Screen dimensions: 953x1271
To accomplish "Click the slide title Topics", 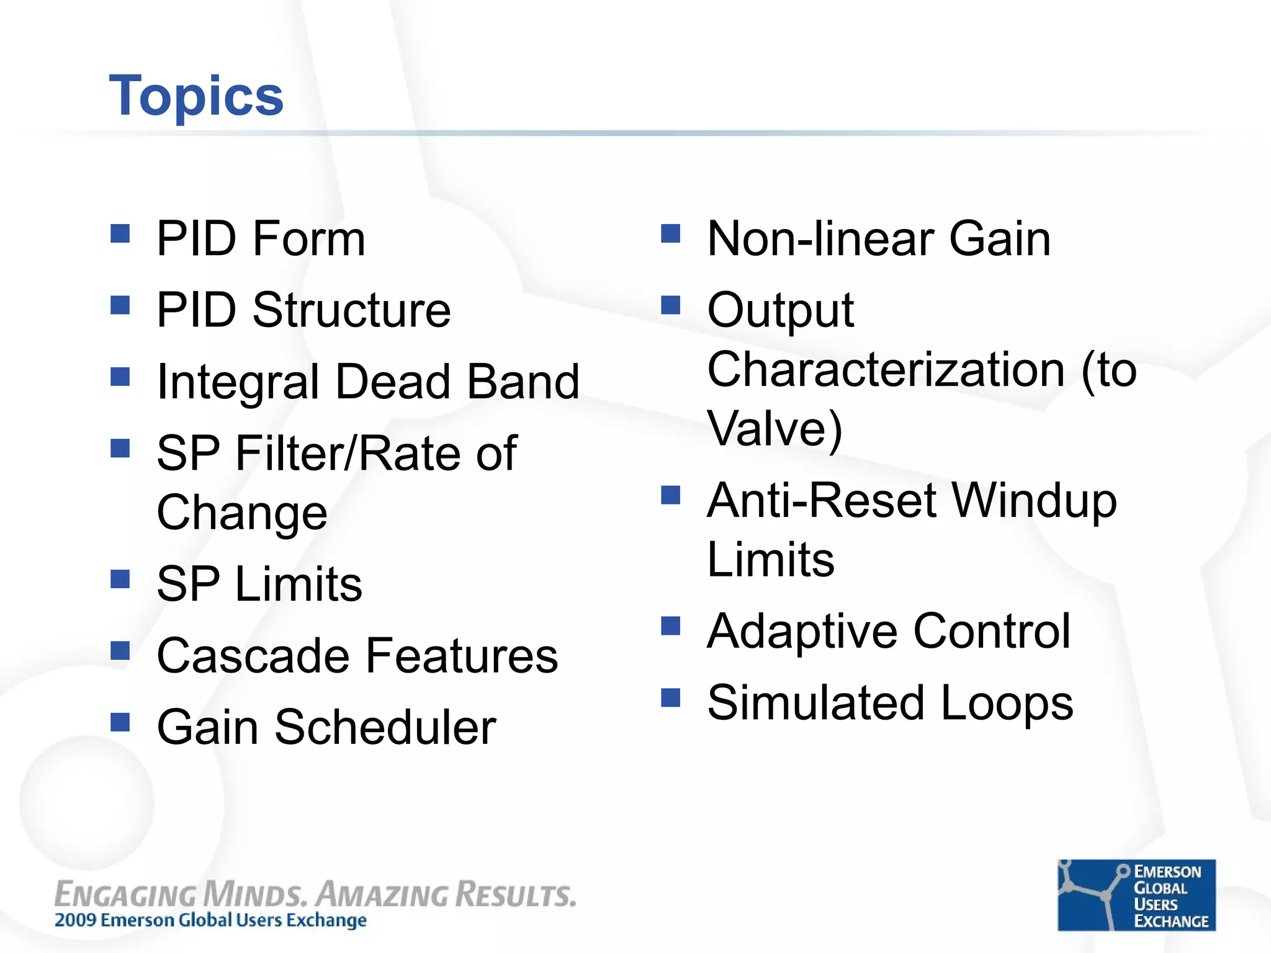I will click(x=196, y=96).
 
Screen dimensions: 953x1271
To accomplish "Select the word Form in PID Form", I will click(x=308, y=239).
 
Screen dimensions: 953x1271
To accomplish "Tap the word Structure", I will click(x=351, y=310).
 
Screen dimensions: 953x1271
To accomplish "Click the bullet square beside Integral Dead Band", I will click(x=120, y=377).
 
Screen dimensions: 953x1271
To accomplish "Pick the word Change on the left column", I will click(x=241, y=513).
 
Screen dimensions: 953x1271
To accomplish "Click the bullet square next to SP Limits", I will click(x=120, y=579).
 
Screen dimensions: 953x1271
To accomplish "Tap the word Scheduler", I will click(x=385, y=727).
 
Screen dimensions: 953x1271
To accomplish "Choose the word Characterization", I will click(x=886, y=369).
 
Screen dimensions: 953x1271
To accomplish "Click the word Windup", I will click(x=1034, y=501).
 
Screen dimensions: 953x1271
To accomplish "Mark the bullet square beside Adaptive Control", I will click(x=670, y=626).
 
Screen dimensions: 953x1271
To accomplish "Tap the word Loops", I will click(x=1007, y=703).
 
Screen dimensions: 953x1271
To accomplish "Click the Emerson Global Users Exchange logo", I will click(x=1136, y=895).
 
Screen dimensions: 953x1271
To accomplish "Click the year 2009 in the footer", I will click(x=76, y=920).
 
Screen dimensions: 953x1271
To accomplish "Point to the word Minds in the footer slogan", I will click(x=254, y=895).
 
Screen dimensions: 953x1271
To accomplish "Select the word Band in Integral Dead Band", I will click(x=523, y=382).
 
